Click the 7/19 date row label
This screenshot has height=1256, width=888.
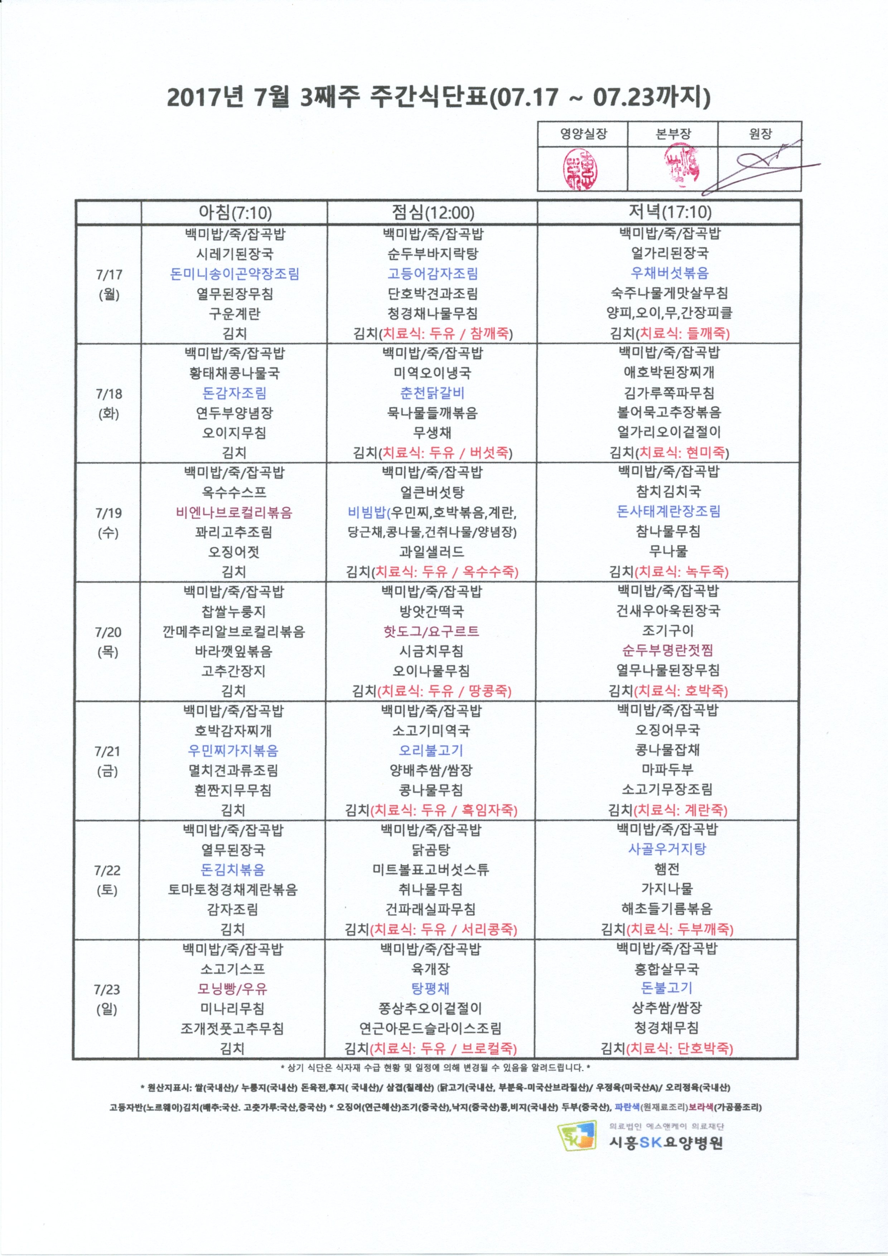tap(108, 523)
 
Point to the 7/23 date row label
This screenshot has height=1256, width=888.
tap(107, 999)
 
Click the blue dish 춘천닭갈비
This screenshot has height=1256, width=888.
tap(432, 393)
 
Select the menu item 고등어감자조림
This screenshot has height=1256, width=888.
tap(432, 273)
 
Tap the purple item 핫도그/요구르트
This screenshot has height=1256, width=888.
tap(431, 631)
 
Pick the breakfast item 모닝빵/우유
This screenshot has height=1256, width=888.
tap(232, 989)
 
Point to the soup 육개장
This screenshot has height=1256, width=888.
tap(431, 969)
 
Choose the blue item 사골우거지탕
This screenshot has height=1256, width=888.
tap(667, 849)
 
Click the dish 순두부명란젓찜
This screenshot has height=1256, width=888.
tap(667, 650)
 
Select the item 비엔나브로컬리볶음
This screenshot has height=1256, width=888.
tap(234, 512)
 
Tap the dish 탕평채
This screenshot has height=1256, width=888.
tap(431, 989)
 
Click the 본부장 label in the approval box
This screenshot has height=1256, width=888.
tap(673, 134)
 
